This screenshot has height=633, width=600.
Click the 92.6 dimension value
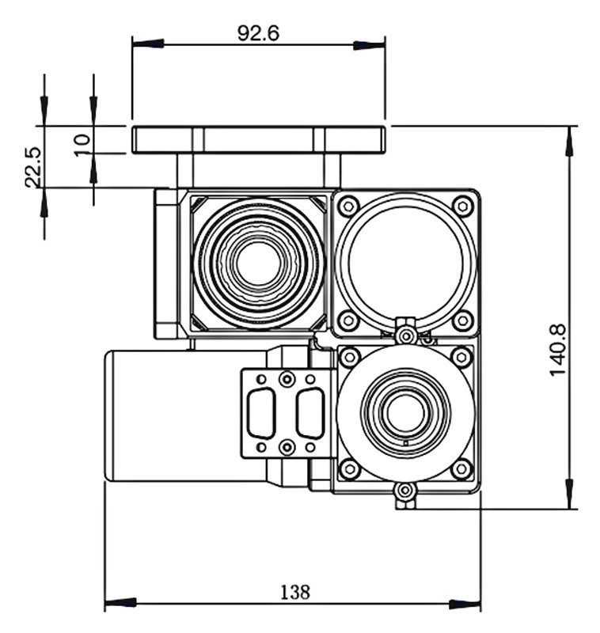(259, 33)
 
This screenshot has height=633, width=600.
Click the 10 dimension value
(82, 145)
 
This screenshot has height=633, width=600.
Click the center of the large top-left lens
(257, 263)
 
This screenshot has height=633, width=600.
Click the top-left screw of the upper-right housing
(347, 207)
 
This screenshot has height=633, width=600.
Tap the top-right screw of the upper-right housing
(463, 207)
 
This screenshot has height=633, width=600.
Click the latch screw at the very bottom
(405, 492)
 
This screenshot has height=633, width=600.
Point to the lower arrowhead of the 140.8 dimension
(568, 494)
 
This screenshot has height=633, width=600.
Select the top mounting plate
(259, 140)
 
